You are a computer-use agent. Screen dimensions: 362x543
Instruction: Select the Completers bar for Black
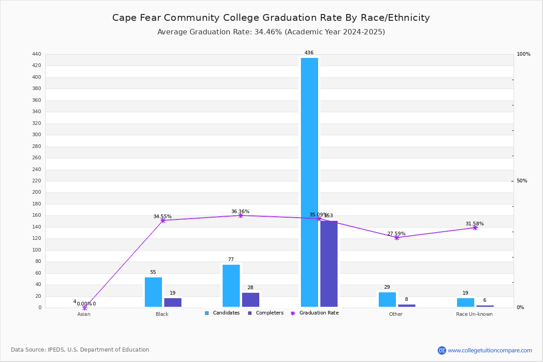click(x=173, y=302)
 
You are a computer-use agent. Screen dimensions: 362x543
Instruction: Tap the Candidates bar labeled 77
click(x=231, y=286)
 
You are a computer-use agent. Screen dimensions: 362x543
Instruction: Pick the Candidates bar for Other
click(x=387, y=300)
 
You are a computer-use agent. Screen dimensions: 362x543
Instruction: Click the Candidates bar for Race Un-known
click(x=466, y=302)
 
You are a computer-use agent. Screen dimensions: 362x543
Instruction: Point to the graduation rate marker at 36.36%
click(x=241, y=215)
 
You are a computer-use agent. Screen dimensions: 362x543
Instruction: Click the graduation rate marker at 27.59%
click(x=397, y=238)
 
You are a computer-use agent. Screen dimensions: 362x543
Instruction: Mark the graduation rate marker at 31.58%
click(x=475, y=228)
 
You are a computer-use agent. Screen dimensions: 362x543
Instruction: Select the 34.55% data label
click(x=162, y=217)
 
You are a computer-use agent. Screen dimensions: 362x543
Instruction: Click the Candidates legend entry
click(x=223, y=313)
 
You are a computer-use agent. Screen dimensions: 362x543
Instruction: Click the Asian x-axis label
click(x=84, y=314)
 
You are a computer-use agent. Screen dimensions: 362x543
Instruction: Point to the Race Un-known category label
click(x=474, y=314)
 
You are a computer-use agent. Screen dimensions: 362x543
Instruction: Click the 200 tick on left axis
click(x=37, y=192)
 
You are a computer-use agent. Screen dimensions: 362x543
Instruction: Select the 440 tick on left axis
click(x=37, y=54)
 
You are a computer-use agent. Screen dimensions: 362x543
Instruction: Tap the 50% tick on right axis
click(x=522, y=181)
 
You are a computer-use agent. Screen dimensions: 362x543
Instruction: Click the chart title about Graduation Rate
click(x=271, y=18)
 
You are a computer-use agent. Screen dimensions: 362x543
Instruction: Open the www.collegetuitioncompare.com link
click(x=490, y=350)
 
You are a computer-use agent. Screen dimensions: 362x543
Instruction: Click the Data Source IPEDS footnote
click(x=80, y=350)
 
